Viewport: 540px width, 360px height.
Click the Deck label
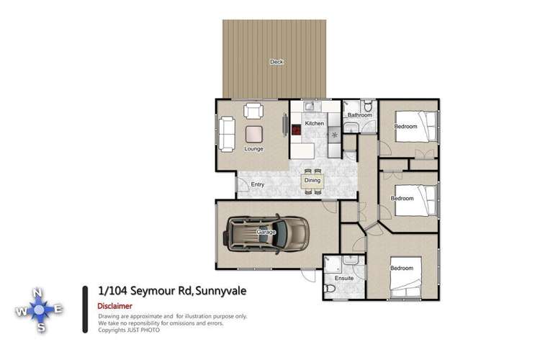pyautogui.click(x=276, y=62)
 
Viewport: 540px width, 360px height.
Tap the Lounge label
pyautogui.click(x=253, y=149)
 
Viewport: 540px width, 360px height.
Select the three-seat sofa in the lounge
pyautogui.click(x=227, y=134)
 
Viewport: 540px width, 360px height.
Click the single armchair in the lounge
pyautogui.click(x=253, y=112)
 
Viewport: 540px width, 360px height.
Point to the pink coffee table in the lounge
pyautogui.click(x=253, y=133)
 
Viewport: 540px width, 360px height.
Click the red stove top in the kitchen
pyautogui.click(x=296, y=130)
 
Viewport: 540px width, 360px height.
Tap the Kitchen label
pyautogui.click(x=315, y=124)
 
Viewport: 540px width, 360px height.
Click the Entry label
pyautogui.click(x=257, y=185)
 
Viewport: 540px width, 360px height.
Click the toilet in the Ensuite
pyautogui.click(x=329, y=288)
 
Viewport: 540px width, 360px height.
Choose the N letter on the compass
pyautogui.click(x=41, y=292)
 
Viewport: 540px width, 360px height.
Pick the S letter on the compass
pyautogui.click(x=42, y=328)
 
